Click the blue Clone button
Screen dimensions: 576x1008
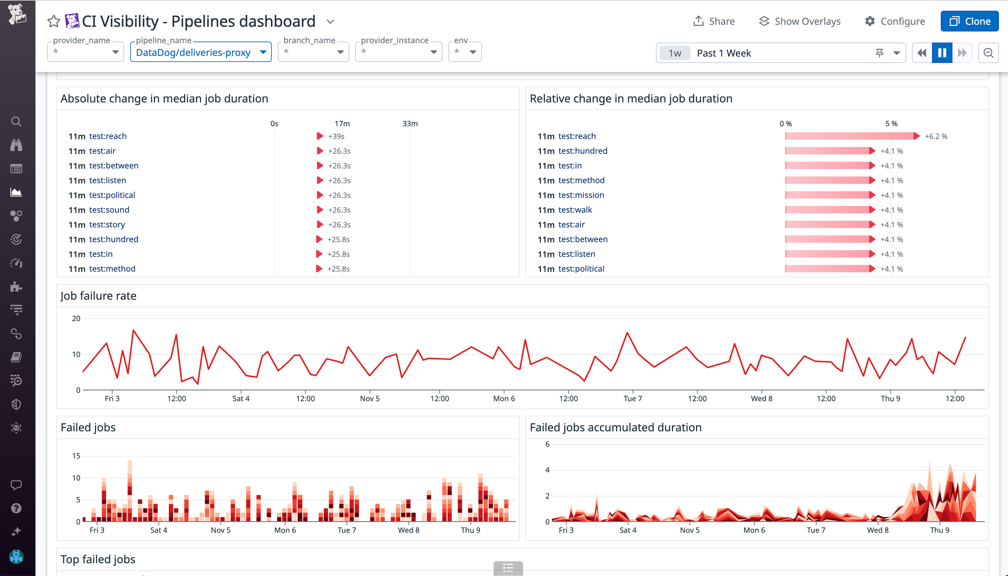coord(969,21)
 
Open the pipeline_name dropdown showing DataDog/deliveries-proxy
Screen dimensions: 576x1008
coord(200,52)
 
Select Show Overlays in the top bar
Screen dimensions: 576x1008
coord(800,21)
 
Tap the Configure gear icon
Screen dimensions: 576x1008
coord(870,21)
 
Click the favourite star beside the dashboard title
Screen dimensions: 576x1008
coord(53,21)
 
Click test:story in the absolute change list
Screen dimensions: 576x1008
coord(107,225)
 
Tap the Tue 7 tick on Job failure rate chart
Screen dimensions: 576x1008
coord(633,399)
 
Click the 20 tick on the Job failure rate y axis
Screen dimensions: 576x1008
coord(76,319)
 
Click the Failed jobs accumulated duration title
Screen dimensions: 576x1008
coord(615,428)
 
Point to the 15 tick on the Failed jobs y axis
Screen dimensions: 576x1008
coord(76,456)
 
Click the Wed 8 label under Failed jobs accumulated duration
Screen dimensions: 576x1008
coord(877,530)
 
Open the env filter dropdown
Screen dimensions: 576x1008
coord(465,52)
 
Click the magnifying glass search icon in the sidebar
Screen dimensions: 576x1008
coord(16,122)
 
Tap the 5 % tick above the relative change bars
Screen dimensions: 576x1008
coord(891,124)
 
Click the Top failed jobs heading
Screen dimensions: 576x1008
coord(98,559)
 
